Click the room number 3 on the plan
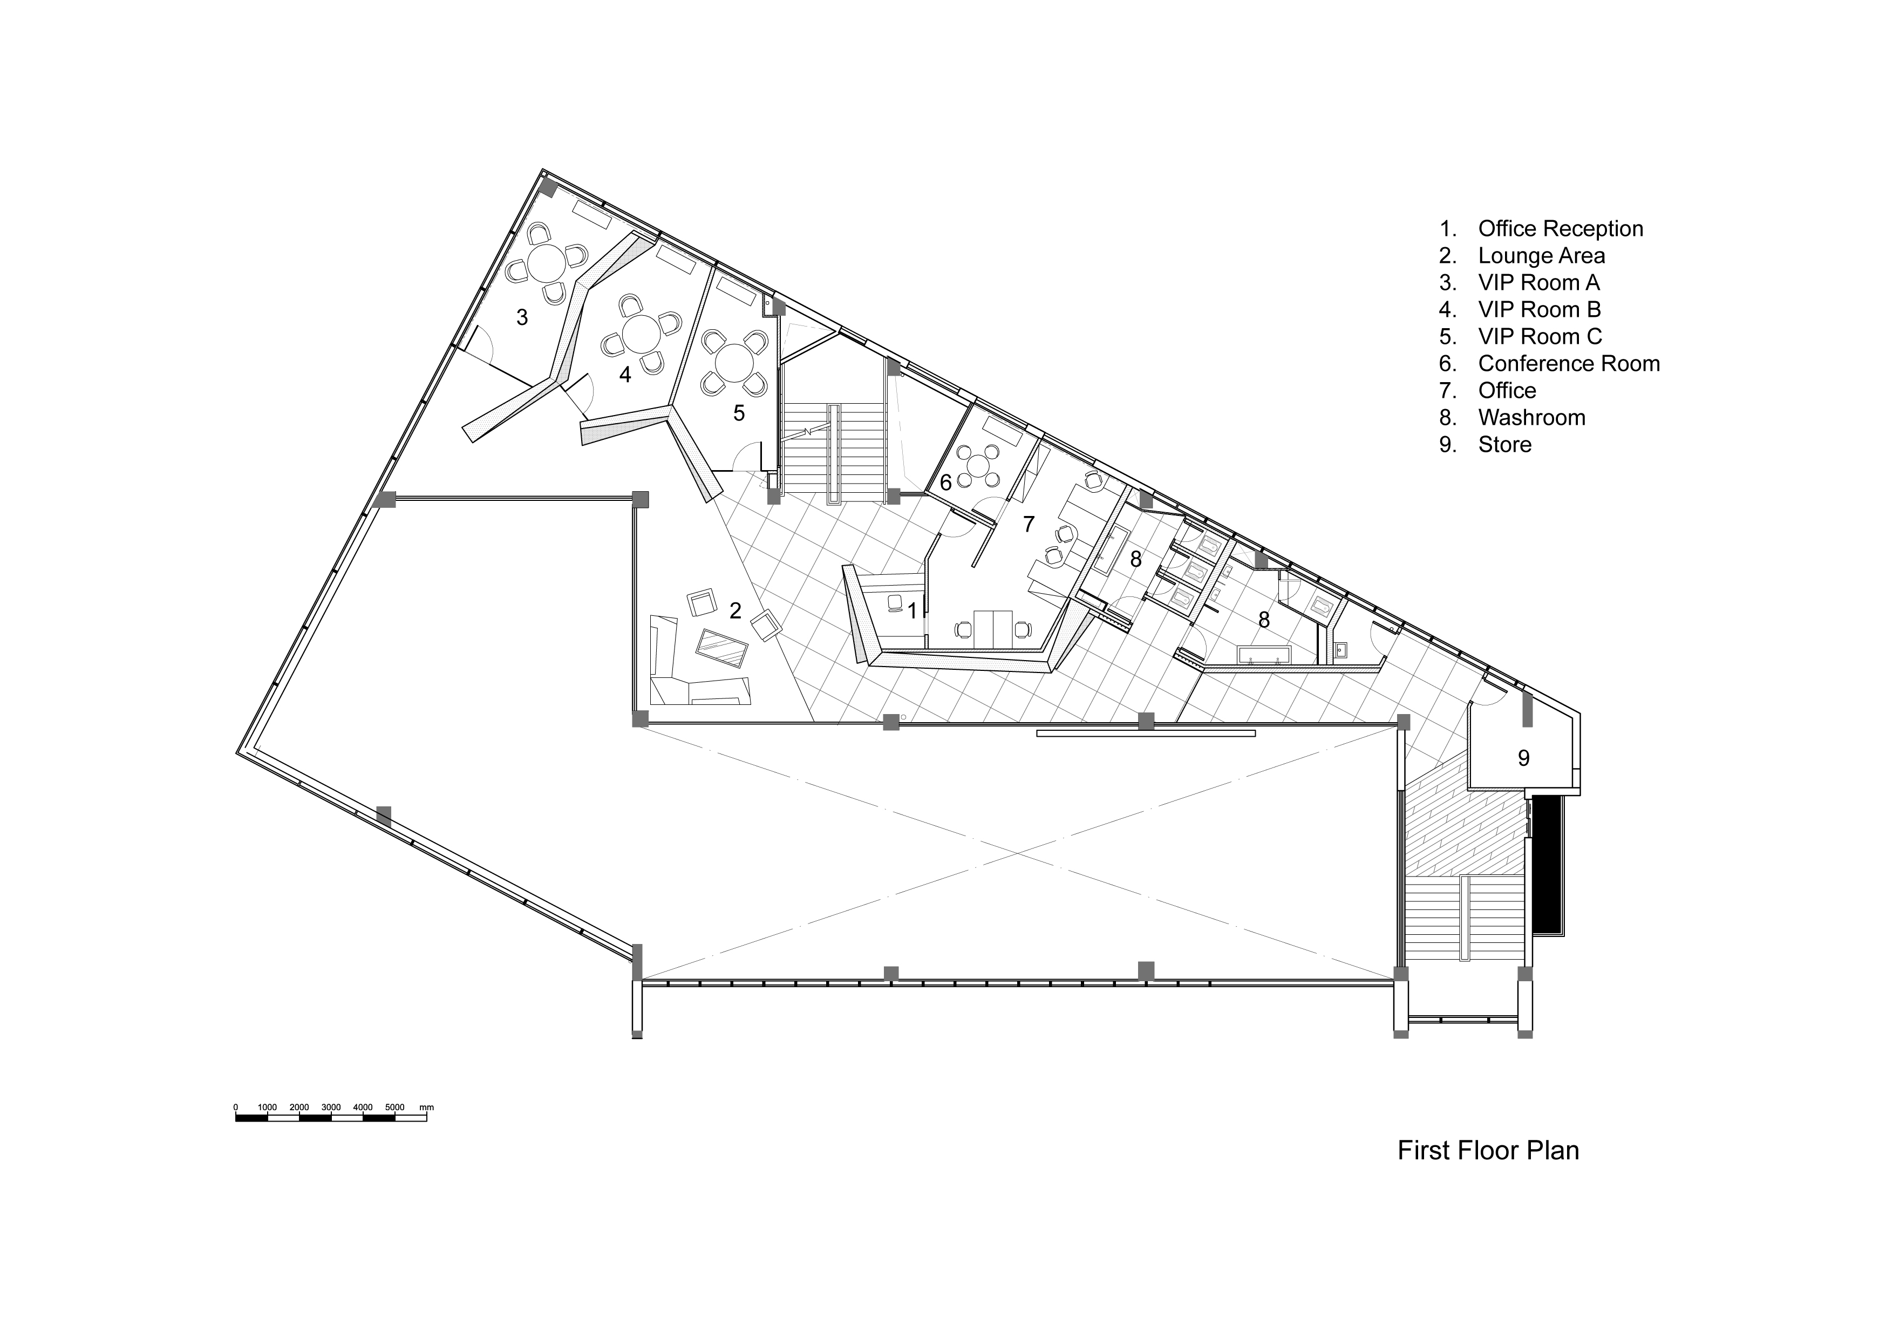click(x=522, y=317)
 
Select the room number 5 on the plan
click(x=739, y=413)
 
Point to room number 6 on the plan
click(x=945, y=483)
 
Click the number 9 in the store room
click(x=1524, y=758)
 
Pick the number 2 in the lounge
click(x=736, y=611)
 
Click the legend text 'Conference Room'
click(x=1569, y=364)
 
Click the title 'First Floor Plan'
click(x=1488, y=1151)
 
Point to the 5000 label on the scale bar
click(x=395, y=1107)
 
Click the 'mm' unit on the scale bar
click(x=426, y=1107)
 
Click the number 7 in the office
click(x=1028, y=524)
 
